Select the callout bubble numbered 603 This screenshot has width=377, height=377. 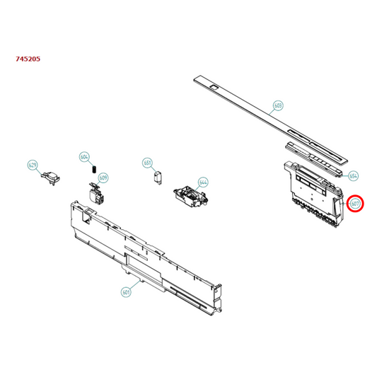point(278,105)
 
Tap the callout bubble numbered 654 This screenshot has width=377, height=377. point(354,175)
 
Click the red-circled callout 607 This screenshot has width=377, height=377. point(356,204)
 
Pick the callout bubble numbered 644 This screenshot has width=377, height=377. point(203,182)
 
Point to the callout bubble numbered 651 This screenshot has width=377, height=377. point(148,162)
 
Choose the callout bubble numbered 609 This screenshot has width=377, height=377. point(103,177)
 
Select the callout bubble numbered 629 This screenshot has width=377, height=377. point(33,165)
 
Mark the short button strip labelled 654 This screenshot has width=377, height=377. point(315,156)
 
